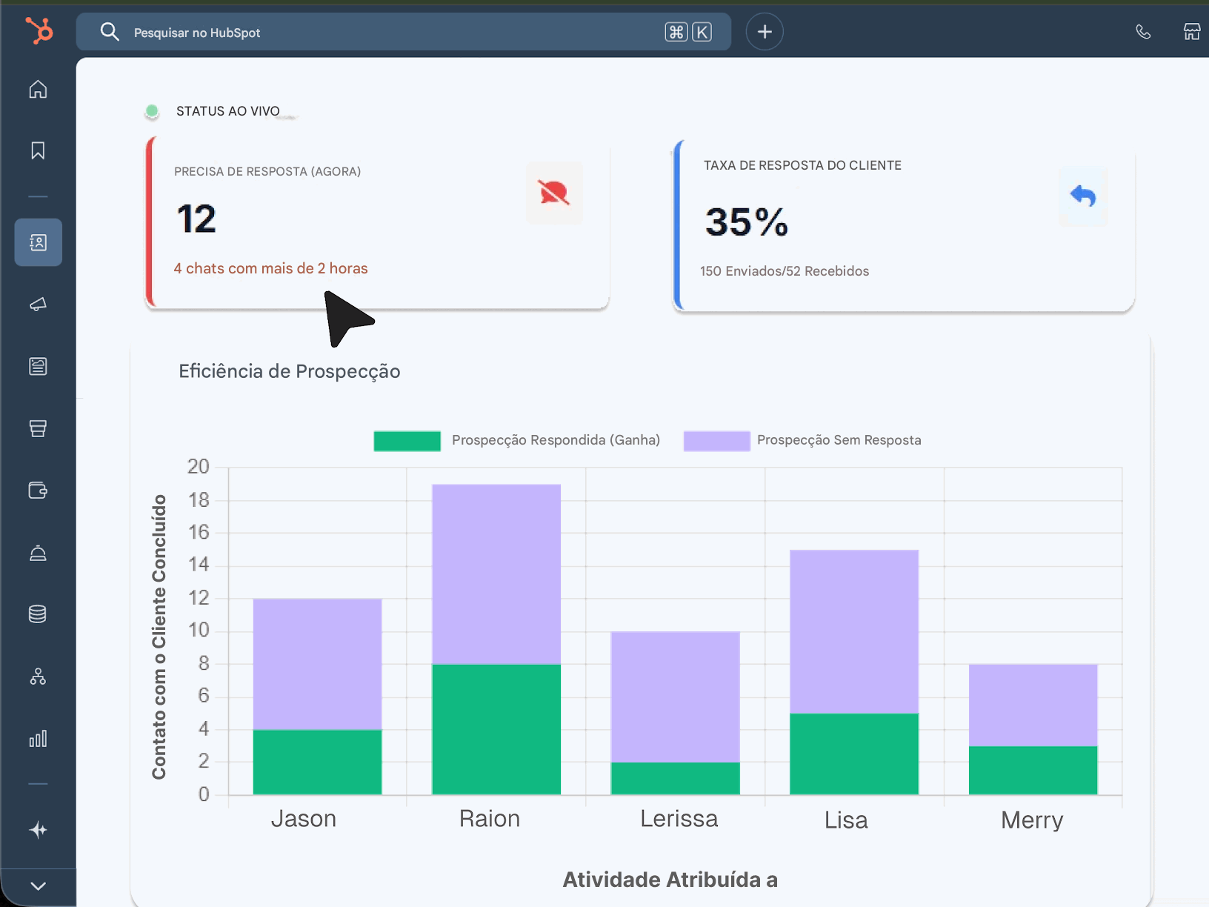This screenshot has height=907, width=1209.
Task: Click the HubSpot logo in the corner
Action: click(39, 31)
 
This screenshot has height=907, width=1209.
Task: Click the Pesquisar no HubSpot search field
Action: click(385, 32)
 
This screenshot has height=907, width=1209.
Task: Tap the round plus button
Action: click(765, 32)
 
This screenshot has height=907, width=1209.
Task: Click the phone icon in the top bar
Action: click(1143, 32)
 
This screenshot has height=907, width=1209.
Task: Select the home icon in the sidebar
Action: click(38, 90)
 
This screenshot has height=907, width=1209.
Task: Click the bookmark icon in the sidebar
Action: click(38, 151)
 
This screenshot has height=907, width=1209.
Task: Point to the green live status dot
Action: click(152, 111)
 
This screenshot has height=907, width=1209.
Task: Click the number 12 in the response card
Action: click(196, 219)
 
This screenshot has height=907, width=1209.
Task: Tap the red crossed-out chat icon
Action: click(554, 193)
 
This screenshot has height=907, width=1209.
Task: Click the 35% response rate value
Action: click(747, 222)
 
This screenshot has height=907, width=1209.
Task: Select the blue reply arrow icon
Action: click(1083, 196)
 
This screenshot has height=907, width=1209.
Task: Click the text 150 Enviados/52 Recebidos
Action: click(785, 271)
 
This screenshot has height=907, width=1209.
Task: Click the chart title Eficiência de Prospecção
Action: click(289, 371)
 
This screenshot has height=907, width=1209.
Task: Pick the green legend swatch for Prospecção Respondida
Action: click(407, 440)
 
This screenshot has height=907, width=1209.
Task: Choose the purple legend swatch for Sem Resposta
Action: click(716, 440)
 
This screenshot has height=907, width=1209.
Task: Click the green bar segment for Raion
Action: click(496, 729)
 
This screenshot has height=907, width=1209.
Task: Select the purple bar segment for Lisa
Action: click(854, 631)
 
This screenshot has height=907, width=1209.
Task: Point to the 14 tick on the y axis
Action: click(199, 565)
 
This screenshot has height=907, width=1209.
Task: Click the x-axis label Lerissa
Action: click(679, 819)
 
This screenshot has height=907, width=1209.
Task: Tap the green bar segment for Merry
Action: click(1033, 770)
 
